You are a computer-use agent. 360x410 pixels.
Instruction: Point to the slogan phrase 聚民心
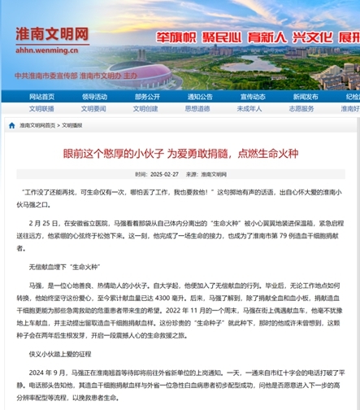[221, 38]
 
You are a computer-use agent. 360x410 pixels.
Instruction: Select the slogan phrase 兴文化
[310, 38]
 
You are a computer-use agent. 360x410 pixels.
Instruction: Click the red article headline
[180, 152]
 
